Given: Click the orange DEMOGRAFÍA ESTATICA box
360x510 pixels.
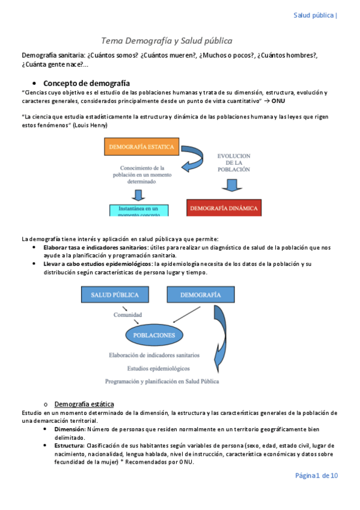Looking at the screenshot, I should [x=142, y=146].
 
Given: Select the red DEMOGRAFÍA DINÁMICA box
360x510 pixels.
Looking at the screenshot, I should [x=224, y=209].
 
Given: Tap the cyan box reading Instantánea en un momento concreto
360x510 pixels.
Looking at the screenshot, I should [x=138, y=210].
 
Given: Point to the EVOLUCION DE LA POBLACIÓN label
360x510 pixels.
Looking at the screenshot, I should [x=234, y=162].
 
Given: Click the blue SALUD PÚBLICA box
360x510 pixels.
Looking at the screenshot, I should [x=115, y=295].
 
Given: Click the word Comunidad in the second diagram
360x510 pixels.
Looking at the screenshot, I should [x=128, y=314].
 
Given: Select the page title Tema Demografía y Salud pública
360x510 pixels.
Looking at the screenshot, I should [x=166, y=40].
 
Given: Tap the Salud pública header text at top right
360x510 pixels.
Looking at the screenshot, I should [x=313, y=15].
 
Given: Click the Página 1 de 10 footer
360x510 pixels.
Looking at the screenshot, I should [x=316, y=476].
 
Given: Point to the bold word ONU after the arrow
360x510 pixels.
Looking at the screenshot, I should [x=278, y=109].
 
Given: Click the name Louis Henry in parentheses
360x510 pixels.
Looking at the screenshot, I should [x=90, y=125].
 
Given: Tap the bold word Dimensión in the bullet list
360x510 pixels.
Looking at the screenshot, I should [x=70, y=429].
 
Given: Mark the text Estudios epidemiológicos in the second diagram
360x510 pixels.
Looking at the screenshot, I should [x=159, y=368].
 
